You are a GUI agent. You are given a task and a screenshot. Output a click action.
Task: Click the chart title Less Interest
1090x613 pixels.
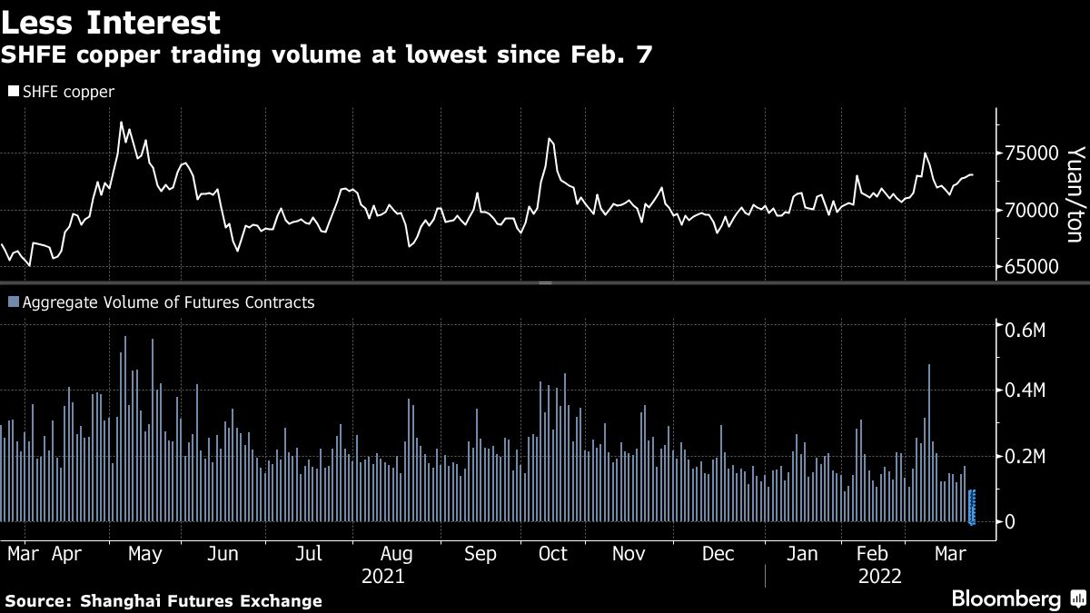pos(112,21)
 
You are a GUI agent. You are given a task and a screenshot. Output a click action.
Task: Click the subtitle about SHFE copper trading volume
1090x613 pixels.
pos(326,56)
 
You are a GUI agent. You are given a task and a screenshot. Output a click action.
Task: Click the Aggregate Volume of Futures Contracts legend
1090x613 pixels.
pos(162,302)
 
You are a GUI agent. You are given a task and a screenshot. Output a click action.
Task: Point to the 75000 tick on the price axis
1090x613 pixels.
pos(1031,153)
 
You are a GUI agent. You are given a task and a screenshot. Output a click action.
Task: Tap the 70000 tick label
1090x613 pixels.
pos(1031,210)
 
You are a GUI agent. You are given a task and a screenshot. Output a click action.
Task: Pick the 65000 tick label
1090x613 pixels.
pos(1031,267)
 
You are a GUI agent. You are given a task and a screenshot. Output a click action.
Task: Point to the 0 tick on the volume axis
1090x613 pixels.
pos(1007,522)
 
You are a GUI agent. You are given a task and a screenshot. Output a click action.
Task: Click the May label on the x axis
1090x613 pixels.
pos(145,554)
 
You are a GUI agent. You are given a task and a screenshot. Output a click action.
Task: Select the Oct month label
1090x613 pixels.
pos(552,554)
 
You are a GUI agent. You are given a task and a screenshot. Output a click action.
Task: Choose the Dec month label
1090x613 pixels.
pos(718,554)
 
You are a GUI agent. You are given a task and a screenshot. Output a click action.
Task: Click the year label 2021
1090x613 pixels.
pos(382,577)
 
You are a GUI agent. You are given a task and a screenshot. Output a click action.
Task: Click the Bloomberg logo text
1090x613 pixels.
pos(1006,598)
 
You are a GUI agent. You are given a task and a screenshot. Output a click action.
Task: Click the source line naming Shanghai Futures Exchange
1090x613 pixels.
pos(163,600)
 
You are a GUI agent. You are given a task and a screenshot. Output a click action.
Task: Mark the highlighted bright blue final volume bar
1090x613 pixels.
pos(972,507)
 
